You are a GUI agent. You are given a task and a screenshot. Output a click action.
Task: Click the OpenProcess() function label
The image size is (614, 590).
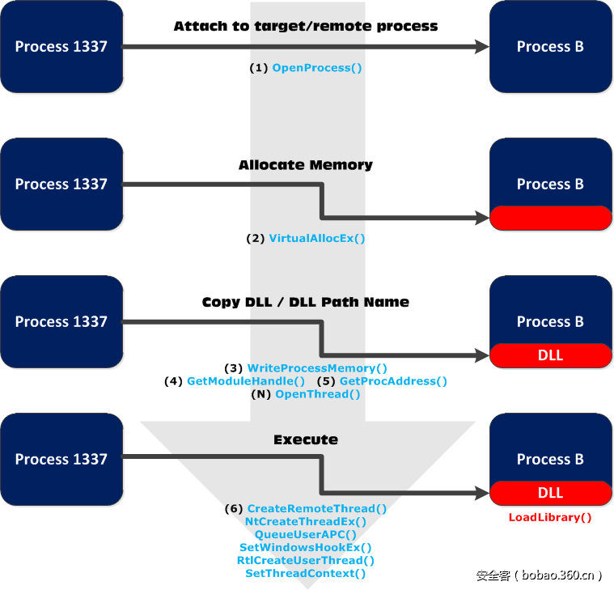tap(317, 68)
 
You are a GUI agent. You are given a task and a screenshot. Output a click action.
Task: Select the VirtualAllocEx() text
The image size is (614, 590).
tap(317, 239)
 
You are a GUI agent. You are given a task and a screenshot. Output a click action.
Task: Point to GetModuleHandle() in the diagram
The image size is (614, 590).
tap(246, 381)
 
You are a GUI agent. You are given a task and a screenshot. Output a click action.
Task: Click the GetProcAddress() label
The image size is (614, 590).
tap(393, 381)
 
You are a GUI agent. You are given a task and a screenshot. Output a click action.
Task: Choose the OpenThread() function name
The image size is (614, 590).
tap(318, 394)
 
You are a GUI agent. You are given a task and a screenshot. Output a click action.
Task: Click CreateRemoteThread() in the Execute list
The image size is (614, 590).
tap(317, 509)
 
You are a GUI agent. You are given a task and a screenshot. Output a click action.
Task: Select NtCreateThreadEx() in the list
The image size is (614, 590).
tap(306, 522)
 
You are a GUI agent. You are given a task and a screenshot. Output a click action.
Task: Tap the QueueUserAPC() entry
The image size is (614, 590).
tap(306, 535)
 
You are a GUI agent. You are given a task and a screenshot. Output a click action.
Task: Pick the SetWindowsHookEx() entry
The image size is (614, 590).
tap(306, 548)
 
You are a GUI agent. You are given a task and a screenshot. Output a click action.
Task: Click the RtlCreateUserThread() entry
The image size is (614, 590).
tap(306, 561)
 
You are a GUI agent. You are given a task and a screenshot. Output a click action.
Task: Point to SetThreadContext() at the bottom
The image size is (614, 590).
tap(306, 574)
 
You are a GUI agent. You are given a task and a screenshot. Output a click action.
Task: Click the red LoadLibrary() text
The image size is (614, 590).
tap(550, 518)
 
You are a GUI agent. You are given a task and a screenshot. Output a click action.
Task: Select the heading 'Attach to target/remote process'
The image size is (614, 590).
tap(306, 27)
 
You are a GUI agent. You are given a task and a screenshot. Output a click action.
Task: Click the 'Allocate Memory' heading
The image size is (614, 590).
tap(306, 165)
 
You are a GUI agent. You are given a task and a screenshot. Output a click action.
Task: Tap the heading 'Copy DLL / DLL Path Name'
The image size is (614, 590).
tap(306, 303)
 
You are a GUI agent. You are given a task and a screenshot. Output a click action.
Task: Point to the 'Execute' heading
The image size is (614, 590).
tap(306, 440)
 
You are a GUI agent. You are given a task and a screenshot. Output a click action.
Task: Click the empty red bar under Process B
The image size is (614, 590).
tap(550, 218)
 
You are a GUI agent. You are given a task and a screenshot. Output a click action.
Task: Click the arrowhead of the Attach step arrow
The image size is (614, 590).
tap(482, 47)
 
